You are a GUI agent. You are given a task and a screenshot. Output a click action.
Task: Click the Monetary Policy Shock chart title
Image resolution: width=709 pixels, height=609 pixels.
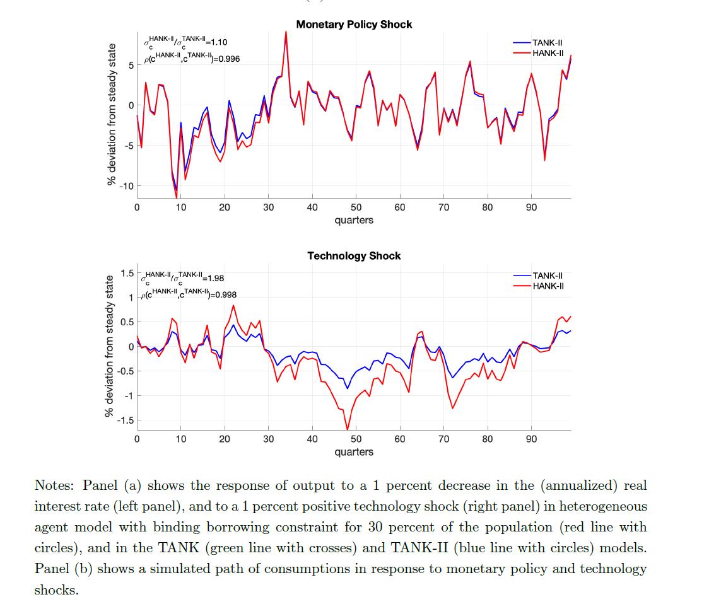pyautogui.click(x=354, y=25)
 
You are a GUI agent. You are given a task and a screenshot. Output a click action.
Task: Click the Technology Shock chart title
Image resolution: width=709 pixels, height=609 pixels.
pyautogui.click(x=354, y=256)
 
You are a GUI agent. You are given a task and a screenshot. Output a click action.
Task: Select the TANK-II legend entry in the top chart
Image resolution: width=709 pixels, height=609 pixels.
pyautogui.click(x=547, y=43)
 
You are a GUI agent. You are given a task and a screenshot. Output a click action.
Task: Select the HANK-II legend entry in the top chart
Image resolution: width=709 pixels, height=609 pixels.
pyautogui.click(x=547, y=53)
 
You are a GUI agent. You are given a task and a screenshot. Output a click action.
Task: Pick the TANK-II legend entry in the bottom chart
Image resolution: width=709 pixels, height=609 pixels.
pyautogui.click(x=547, y=275)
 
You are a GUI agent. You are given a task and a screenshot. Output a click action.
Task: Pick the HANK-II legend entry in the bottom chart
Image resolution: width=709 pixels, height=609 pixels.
pyautogui.click(x=547, y=286)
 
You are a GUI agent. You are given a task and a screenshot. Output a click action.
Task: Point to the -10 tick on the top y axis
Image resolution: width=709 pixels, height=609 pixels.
pyautogui.click(x=127, y=186)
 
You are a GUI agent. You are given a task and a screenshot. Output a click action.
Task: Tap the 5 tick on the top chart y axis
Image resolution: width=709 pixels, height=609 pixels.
pyautogui.click(x=130, y=65)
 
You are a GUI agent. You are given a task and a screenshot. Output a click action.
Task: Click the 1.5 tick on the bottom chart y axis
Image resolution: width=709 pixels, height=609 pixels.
pyautogui.click(x=127, y=273)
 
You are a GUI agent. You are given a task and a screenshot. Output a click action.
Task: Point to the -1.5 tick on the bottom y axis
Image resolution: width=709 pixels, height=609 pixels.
pyautogui.click(x=126, y=420)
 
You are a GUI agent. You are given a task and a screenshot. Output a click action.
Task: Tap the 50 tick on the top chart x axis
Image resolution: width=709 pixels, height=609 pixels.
pyautogui.click(x=356, y=207)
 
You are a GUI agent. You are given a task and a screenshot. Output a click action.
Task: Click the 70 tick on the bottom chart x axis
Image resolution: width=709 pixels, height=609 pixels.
pyautogui.click(x=443, y=439)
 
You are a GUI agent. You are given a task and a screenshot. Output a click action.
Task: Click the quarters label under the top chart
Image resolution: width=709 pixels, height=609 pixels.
pyautogui.click(x=354, y=220)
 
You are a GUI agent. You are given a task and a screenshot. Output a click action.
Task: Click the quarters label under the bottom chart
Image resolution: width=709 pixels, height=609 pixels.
pyautogui.click(x=354, y=452)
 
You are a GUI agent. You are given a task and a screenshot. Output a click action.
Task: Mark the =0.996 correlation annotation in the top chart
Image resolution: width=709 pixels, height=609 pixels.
pyautogui.click(x=226, y=59)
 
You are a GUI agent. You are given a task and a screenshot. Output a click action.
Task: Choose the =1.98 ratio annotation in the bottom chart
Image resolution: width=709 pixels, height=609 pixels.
pyautogui.click(x=212, y=278)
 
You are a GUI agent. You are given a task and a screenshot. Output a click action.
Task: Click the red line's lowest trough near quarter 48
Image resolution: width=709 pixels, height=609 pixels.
pyautogui.click(x=348, y=429)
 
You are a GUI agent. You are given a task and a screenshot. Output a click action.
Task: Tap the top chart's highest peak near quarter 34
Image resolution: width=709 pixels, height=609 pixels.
pyautogui.click(x=286, y=33)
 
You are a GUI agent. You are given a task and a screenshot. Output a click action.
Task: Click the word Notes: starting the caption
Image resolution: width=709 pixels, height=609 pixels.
pyautogui.click(x=55, y=485)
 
